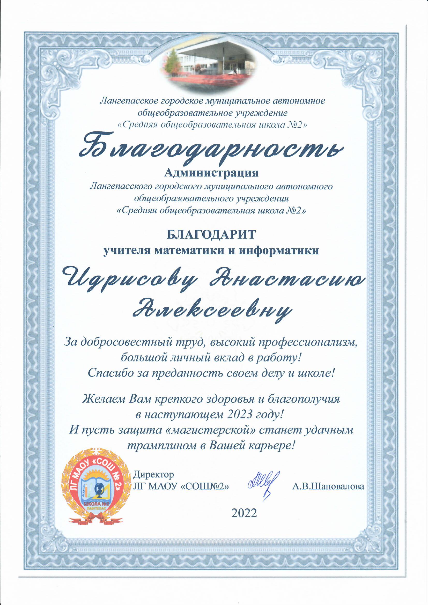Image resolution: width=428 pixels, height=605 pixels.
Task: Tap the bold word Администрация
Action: (x=211, y=173)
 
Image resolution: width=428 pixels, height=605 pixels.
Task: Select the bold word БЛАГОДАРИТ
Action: (x=211, y=234)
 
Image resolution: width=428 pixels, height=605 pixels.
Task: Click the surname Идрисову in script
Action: (x=130, y=280)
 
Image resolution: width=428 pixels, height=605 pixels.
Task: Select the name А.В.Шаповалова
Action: (x=328, y=486)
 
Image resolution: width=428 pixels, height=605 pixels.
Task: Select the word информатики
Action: (x=279, y=250)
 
